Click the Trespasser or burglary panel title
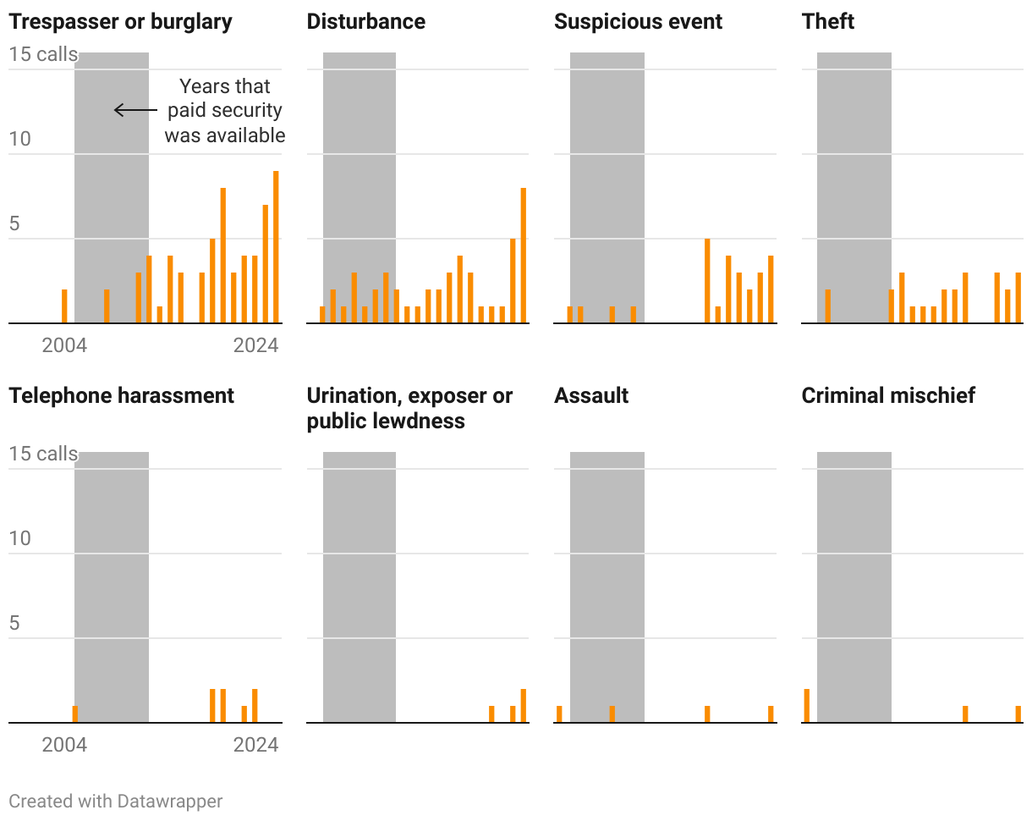click(x=120, y=22)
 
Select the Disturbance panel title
click(x=366, y=22)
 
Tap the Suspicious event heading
click(x=638, y=22)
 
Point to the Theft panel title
click(x=828, y=22)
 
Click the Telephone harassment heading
click(x=121, y=395)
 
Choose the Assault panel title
click(x=591, y=395)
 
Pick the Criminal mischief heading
click(x=888, y=395)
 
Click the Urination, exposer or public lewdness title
click(x=409, y=408)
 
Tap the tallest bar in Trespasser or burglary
click(x=276, y=247)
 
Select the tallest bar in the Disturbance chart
click(x=524, y=256)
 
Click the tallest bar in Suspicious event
click(x=707, y=281)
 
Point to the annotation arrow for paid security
click(x=135, y=110)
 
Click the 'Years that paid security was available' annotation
click(x=225, y=111)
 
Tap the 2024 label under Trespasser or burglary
click(x=255, y=345)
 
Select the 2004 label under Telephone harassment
click(x=64, y=745)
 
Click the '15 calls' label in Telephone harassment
click(x=43, y=454)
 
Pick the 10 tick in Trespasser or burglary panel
click(x=19, y=139)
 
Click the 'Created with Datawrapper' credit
click(x=116, y=801)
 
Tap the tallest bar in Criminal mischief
click(x=807, y=706)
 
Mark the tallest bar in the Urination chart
click(x=524, y=706)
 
